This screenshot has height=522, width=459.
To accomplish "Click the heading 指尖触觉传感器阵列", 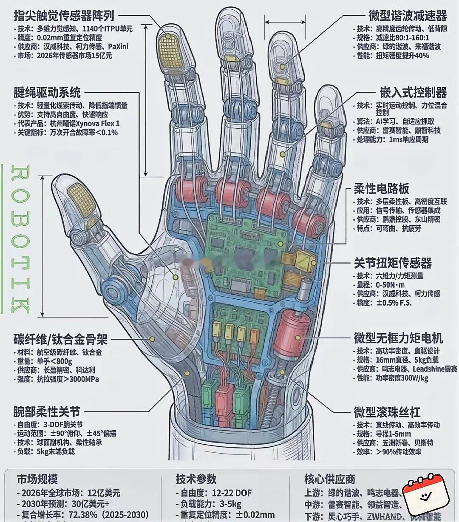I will pyautogui.click(x=64, y=16).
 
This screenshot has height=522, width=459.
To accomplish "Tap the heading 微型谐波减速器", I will pyautogui.click(x=408, y=16).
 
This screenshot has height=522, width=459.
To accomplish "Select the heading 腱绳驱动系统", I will pyautogui.click(x=47, y=92).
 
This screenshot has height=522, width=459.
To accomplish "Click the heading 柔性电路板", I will pyautogui.click(x=382, y=189).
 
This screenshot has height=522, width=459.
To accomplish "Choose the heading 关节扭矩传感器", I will pyautogui.click(x=393, y=263).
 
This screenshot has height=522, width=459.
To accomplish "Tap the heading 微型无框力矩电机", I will pyautogui.click(x=398, y=338).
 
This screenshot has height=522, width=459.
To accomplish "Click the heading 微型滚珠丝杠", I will pyautogui.click(x=387, y=412).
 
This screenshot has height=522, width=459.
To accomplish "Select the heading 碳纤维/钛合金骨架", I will pyautogui.click(x=60, y=340).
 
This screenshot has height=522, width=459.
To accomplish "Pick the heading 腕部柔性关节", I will pyautogui.click(x=47, y=412).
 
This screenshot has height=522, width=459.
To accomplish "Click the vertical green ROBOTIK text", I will pyautogui.click(x=20, y=240).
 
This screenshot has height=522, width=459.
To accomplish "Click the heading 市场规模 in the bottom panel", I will pyautogui.click(x=37, y=479).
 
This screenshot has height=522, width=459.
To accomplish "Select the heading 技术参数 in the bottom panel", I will pyautogui.click(x=196, y=479).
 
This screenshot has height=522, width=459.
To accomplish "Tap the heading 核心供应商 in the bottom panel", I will pyautogui.click(x=329, y=479).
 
